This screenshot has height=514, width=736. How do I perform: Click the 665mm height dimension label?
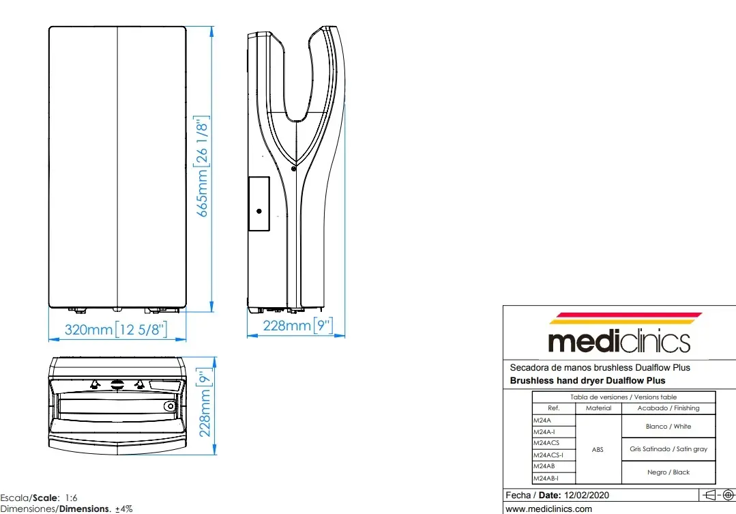click(202, 167)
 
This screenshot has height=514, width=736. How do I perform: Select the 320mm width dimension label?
click(116, 329)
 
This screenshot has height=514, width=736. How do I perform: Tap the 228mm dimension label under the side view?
click(298, 325)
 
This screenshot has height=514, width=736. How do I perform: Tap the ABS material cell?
click(598, 450)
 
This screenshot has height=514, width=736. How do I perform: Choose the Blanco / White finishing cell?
click(668, 427)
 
